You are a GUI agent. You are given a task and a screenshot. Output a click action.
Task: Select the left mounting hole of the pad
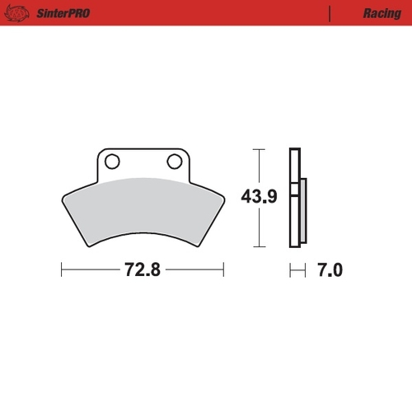[x=114, y=160]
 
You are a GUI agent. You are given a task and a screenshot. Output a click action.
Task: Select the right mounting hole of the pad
[x=174, y=160]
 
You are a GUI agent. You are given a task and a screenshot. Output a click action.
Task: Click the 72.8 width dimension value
[x=142, y=269]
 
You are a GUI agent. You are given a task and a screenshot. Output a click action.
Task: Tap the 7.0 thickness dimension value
[x=328, y=269]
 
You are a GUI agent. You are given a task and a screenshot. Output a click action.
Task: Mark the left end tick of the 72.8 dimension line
[x=62, y=269]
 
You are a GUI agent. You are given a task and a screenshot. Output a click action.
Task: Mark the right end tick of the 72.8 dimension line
[x=223, y=269]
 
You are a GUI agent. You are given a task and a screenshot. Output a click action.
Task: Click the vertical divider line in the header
[x=330, y=13]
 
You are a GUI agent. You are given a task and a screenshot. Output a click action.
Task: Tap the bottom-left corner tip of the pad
[x=87, y=246]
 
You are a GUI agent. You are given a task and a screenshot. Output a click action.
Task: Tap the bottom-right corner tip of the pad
[x=198, y=246]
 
